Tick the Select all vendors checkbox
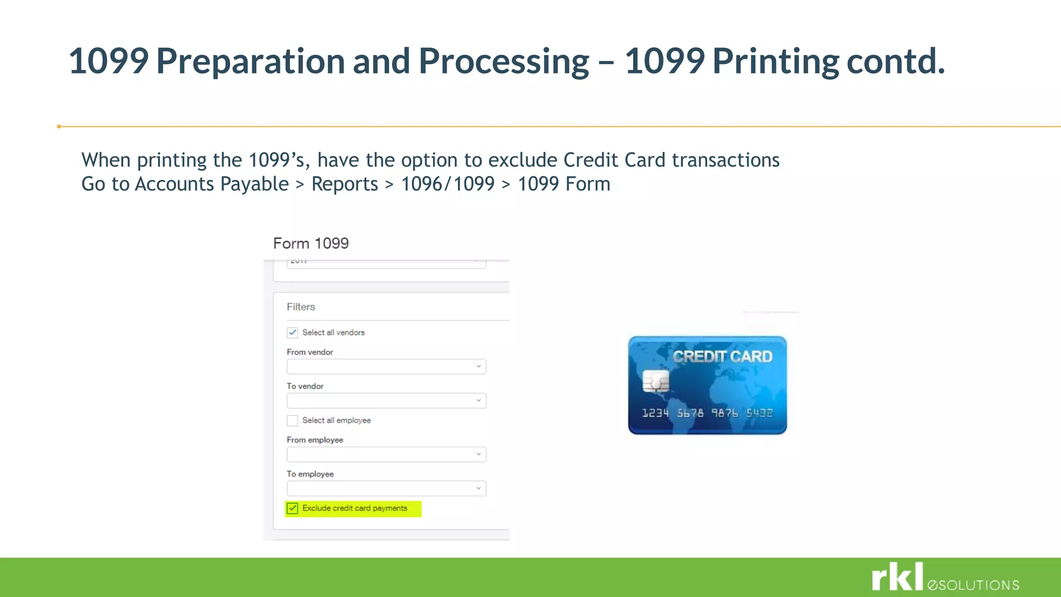pyautogui.click(x=293, y=332)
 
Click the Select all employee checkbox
pyautogui.click(x=293, y=420)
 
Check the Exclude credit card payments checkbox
pyautogui.click(x=293, y=508)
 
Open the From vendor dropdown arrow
pyautogui.click(x=478, y=366)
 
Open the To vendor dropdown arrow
pyautogui.click(x=478, y=401)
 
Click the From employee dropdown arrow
pyautogui.click(x=478, y=454)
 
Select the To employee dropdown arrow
pyautogui.click(x=478, y=488)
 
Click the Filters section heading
pyautogui.click(x=300, y=307)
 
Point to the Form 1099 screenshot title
pyautogui.click(x=311, y=243)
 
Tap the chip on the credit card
pyautogui.click(x=656, y=381)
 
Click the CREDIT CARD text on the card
pyautogui.click(x=722, y=357)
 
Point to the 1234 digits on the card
pyautogui.click(x=655, y=413)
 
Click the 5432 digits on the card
pyautogui.click(x=759, y=413)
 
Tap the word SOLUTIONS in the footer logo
pyautogui.click(x=979, y=586)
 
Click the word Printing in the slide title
pyautogui.click(x=776, y=61)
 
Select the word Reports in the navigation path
pyautogui.click(x=345, y=184)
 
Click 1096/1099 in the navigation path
pyautogui.click(x=448, y=184)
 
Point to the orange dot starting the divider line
pyautogui.click(x=59, y=126)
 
